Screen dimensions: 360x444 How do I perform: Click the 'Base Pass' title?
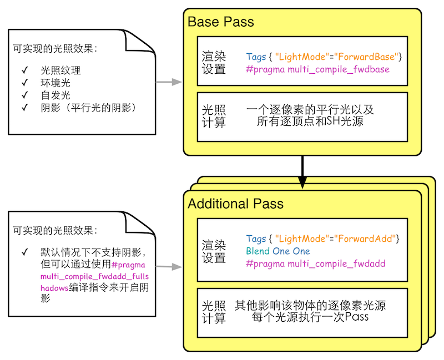tap(221, 22)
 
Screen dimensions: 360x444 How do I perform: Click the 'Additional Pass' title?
tap(235, 204)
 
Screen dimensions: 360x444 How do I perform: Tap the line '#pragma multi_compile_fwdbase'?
tap(317, 69)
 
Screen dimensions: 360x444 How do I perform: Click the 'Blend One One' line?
tap(278, 251)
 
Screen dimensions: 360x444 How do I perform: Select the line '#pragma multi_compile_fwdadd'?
tap(315, 263)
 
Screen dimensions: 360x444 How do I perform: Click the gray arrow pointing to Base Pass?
tap(169, 83)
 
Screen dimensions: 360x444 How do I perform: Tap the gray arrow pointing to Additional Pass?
tap(169, 267)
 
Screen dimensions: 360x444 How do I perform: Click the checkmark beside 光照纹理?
tap(24, 70)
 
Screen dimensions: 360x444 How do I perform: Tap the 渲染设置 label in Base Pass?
tap(214, 63)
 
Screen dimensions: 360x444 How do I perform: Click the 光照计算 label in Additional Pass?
tap(214, 312)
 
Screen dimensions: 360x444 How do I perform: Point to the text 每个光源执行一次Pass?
tap(310, 318)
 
